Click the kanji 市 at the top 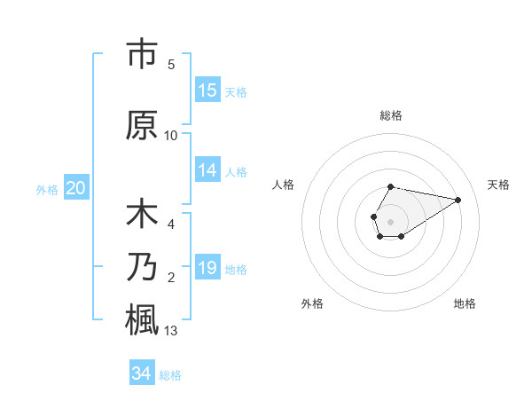click(x=142, y=55)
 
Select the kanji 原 click(x=142, y=126)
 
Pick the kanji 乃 click(x=142, y=268)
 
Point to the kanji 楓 click(x=142, y=319)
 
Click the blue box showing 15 click(x=207, y=90)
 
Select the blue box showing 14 click(x=207, y=170)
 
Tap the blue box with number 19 click(x=207, y=268)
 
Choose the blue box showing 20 click(x=76, y=188)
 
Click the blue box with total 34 click(x=142, y=374)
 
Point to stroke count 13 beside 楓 click(x=171, y=332)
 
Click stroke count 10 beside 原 click(x=171, y=136)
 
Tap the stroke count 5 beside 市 click(x=171, y=65)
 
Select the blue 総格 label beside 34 click(x=170, y=375)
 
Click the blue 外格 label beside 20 click(x=47, y=189)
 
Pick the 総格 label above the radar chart click(x=390, y=115)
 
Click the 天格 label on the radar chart click(x=498, y=185)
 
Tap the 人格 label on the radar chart click(x=283, y=185)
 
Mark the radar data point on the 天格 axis click(x=458, y=199)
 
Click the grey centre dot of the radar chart click(x=390, y=220)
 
